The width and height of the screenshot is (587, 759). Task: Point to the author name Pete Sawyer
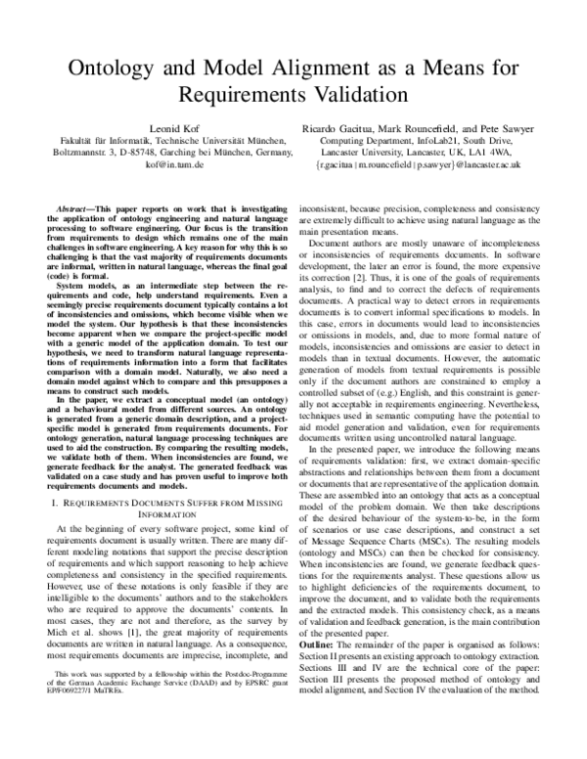tap(504, 127)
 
